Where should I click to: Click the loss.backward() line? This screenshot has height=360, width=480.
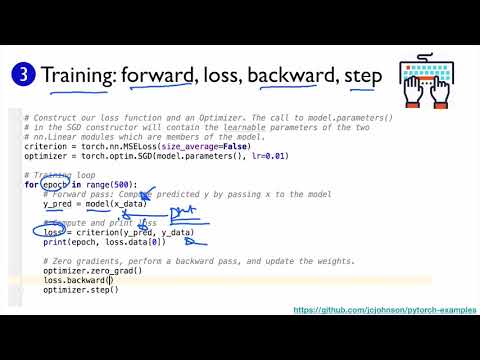(76, 281)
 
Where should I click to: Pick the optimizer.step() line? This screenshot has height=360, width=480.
(81, 290)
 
